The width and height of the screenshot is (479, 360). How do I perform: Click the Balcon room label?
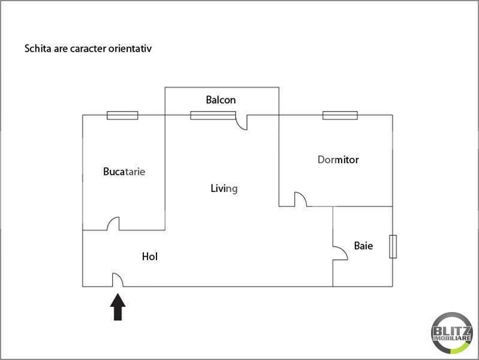pos(221,100)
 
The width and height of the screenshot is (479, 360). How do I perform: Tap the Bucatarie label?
pos(124,172)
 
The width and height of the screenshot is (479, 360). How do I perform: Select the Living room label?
pos(224,188)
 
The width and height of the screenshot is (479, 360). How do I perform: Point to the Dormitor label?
pos(338,160)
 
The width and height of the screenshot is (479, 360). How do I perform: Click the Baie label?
pos(363,245)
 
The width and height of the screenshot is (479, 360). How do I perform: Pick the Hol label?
pos(150,256)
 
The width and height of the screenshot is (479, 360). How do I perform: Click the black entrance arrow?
pos(118,307)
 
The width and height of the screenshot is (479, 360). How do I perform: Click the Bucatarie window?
pos(122,115)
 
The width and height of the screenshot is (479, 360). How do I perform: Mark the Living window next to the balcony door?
pos(213,115)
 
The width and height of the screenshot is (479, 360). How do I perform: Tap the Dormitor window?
pos(340,115)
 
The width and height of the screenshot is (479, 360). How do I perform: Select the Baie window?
pos(393,247)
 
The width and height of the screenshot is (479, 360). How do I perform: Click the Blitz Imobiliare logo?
pos(451,333)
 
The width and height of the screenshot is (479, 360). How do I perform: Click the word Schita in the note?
pos(38,49)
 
